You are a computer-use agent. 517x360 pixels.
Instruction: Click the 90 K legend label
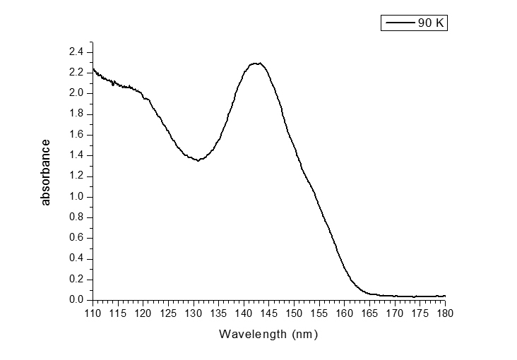click(x=430, y=23)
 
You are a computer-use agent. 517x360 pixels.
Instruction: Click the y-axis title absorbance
click(x=47, y=172)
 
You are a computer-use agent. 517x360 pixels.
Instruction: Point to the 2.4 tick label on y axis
click(x=76, y=52)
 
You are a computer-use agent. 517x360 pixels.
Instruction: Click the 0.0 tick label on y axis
click(x=76, y=300)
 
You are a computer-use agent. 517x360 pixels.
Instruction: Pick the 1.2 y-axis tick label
click(x=76, y=176)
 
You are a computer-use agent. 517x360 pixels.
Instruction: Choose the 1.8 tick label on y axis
click(x=76, y=114)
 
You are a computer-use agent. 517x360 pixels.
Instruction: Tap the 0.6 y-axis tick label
click(x=76, y=238)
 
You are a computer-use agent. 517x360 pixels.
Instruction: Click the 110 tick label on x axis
click(x=93, y=313)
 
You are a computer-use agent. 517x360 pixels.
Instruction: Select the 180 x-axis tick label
click(x=445, y=313)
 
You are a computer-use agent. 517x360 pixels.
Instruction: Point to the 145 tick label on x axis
click(x=269, y=313)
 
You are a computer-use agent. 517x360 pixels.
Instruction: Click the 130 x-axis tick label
click(x=194, y=313)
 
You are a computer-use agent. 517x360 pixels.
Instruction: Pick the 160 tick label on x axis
click(x=345, y=313)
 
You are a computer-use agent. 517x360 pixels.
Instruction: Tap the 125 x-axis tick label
click(x=169, y=313)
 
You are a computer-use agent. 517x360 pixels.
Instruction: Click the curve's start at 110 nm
click(x=93, y=68)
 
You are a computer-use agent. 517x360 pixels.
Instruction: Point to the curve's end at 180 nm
click(x=445, y=296)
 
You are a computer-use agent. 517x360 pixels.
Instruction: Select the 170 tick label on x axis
click(x=395, y=313)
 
